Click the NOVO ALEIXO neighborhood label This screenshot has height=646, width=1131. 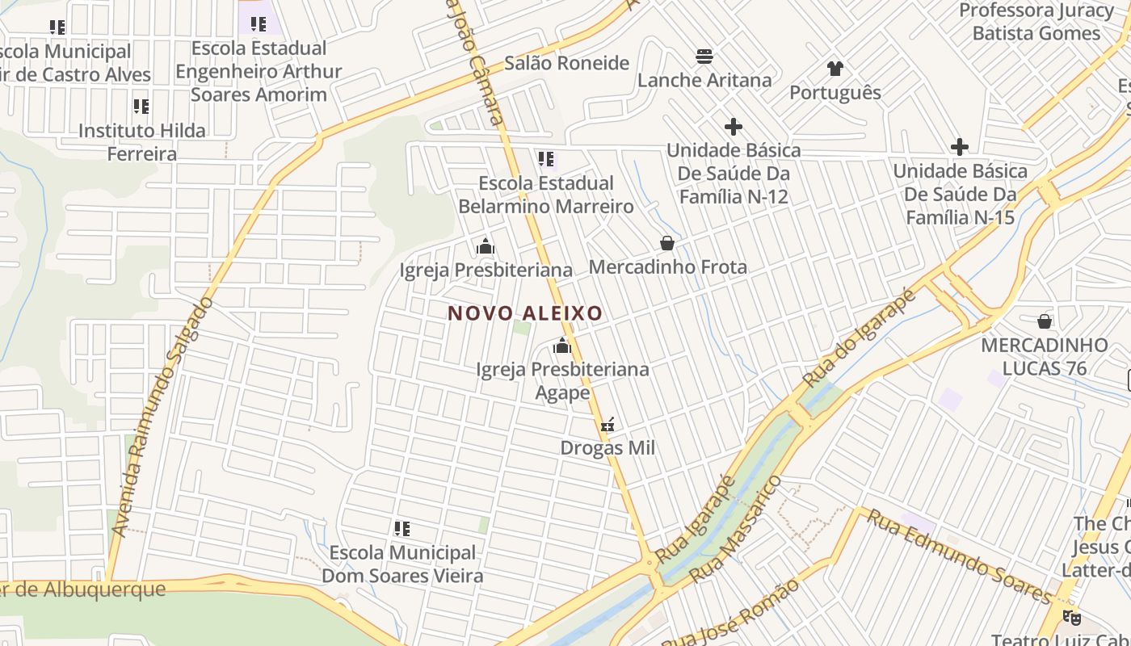click(525, 313)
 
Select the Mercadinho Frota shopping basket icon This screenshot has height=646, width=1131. click(667, 243)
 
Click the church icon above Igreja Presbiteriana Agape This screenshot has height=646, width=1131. click(562, 347)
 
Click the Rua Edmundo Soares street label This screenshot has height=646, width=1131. click(960, 556)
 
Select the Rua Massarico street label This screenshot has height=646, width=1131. click(735, 529)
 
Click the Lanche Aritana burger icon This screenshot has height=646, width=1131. click(705, 57)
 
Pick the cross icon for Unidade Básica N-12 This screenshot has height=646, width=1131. click(733, 127)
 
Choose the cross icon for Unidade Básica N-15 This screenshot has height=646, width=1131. click(959, 147)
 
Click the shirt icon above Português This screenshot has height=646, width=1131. click(835, 69)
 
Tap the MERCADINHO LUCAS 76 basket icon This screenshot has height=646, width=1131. click(1045, 321)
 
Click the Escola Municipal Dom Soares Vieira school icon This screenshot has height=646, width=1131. click(402, 529)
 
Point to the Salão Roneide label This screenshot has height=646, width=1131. click(566, 63)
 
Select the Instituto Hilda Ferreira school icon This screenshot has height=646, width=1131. click(141, 106)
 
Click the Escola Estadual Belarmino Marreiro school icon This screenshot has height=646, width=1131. click(546, 159)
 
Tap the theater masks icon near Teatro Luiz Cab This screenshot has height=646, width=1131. click(1071, 618)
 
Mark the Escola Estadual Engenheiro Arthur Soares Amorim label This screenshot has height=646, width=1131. click(259, 71)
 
